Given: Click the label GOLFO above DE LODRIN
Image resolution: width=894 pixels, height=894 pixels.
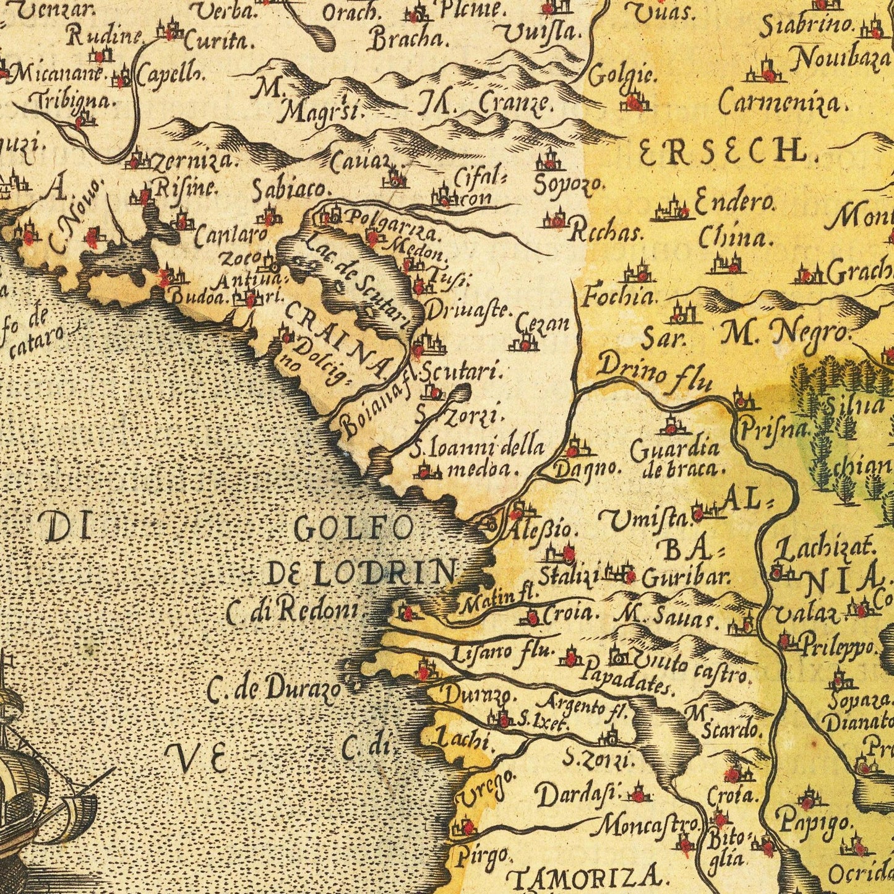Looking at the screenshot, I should [353, 529].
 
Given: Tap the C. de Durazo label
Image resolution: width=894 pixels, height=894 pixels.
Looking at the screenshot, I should [273, 689].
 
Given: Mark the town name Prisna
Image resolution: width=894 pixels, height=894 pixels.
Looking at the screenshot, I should [774, 426].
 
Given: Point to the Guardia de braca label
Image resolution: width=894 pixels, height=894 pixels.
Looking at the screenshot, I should [675, 458].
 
